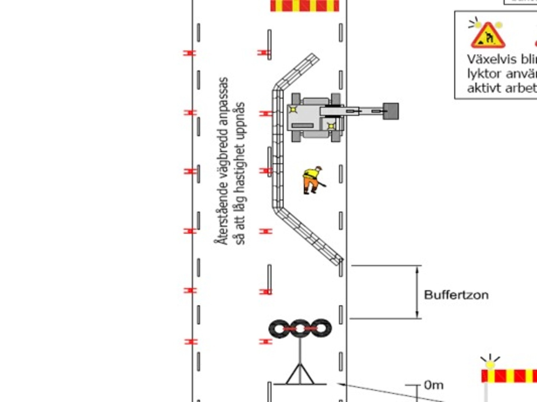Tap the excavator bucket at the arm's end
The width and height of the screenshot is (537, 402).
pos(391,111)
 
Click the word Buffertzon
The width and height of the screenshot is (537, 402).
pos(456,295)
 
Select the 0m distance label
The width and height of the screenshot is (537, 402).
pos(434,385)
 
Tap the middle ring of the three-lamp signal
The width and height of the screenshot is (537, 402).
pos(300,329)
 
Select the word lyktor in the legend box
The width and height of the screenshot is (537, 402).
pos(484,74)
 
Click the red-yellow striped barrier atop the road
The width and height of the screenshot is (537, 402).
pos(305,6)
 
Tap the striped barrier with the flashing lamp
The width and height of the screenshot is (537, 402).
pos(509,376)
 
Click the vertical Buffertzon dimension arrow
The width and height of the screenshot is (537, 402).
pos(417,292)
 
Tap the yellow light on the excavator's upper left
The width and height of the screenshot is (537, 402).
pos(293,109)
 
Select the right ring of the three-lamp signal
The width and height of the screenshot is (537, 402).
pos(321,329)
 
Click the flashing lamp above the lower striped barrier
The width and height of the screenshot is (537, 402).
pos(490,363)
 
